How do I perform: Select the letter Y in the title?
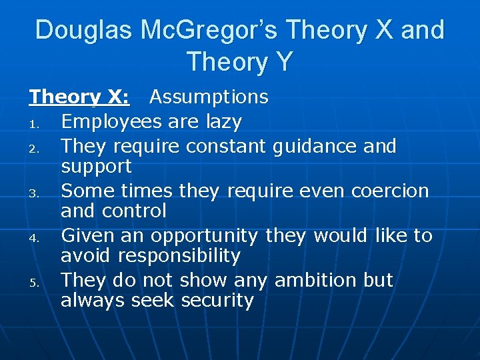[282, 62]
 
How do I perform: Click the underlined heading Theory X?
[79, 97]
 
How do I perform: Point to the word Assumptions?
[209, 97]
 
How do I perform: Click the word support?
[96, 166]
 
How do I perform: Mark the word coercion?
[389, 191]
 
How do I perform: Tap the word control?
[134, 211]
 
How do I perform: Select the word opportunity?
[204, 235]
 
